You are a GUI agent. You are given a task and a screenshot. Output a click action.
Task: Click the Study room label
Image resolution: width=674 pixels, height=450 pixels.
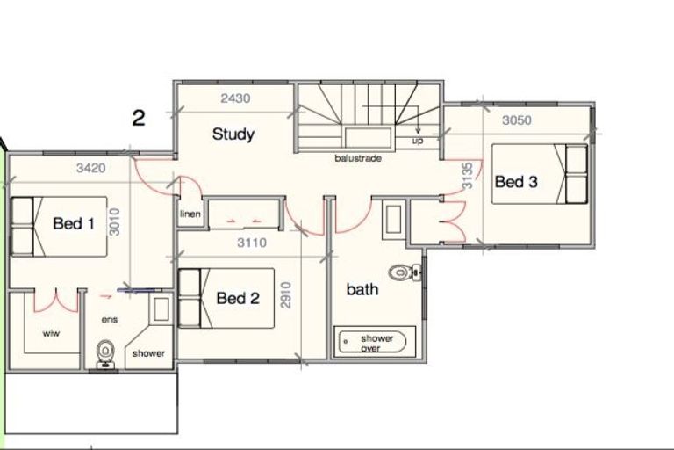(x=233, y=134)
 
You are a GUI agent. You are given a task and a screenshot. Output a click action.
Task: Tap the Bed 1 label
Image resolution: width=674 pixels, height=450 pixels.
(x=74, y=223)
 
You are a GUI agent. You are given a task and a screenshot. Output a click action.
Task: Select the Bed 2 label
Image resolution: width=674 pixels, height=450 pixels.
(x=238, y=298)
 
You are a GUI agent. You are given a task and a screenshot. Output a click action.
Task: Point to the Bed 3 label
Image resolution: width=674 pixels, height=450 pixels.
(x=516, y=182)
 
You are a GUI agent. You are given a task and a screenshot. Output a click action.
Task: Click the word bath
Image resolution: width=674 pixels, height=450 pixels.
(x=362, y=289)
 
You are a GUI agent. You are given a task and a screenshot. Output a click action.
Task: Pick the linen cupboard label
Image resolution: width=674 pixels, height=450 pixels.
(x=190, y=214)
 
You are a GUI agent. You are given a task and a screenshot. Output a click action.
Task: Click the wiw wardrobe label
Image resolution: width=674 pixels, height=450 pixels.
(x=51, y=333)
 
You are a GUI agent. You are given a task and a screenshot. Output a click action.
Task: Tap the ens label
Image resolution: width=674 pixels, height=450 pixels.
(x=110, y=320)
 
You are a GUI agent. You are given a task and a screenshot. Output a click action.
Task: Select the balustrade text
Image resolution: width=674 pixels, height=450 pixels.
(x=358, y=158)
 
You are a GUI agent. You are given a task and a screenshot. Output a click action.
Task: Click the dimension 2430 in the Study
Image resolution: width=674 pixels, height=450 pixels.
(x=235, y=98)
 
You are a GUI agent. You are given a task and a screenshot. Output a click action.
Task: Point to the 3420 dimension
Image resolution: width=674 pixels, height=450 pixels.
(x=90, y=168)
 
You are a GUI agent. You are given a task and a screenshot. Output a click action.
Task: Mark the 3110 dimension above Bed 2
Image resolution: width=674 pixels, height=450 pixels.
(x=252, y=243)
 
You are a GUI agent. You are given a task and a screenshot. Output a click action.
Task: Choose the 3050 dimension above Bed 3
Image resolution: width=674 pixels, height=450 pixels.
(x=517, y=120)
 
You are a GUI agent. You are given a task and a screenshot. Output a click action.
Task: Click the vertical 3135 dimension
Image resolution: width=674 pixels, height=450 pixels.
(x=467, y=175)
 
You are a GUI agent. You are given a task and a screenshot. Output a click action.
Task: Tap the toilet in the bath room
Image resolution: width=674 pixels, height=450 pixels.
(x=405, y=272)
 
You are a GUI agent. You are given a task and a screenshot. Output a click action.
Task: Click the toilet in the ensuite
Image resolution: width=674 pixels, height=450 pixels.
(x=105, y=353)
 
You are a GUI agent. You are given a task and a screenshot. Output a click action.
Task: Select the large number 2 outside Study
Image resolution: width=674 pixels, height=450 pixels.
(x=139, y=118)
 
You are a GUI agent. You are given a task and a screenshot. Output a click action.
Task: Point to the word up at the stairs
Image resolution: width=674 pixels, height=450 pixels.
(x=418, y=141)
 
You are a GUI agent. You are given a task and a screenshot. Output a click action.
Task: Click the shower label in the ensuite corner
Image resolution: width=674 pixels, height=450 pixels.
(x=148, y=353)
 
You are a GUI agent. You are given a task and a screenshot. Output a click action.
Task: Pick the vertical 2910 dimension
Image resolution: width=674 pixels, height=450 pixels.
(x=286, y=295)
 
